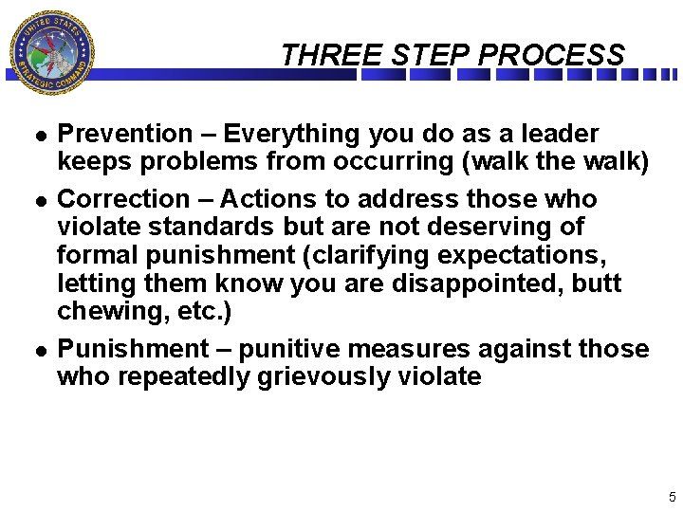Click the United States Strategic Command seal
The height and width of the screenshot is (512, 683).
point(52,52)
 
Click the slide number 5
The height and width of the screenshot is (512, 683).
point(672,497)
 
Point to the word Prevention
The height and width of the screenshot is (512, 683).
point(124,134)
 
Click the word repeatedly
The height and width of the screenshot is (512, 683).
point(188,376)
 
